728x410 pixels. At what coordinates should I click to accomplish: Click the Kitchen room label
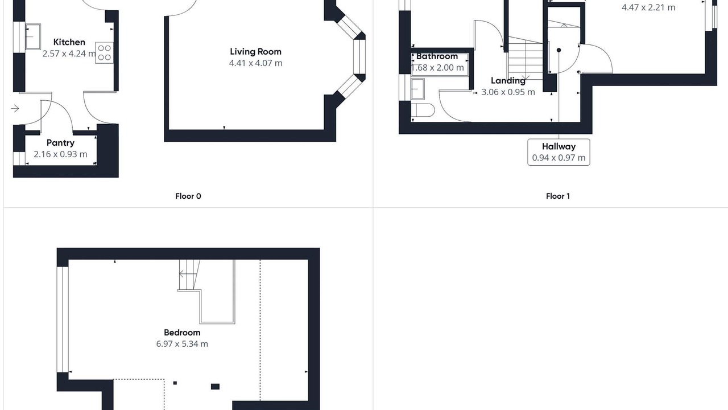(69, 42)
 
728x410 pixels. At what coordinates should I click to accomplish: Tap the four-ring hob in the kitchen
(104, 53)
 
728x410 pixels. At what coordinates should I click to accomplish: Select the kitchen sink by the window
(33, 36)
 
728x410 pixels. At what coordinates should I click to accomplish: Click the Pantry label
(60, 143)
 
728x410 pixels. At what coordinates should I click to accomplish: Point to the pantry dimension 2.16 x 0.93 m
(60, 154)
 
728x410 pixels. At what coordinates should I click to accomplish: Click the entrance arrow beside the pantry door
(15, 108)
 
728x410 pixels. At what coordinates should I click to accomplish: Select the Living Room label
(256, 51)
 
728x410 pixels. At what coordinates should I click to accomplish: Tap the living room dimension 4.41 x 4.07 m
(256, 63)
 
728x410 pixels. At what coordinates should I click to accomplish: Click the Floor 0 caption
(188, 196)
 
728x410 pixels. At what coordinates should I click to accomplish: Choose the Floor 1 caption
(558, 196)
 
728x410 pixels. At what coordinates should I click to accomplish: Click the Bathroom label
(437, 56)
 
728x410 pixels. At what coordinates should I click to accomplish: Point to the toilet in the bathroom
(423, 110)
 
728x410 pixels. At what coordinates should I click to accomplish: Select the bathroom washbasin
(417, 89)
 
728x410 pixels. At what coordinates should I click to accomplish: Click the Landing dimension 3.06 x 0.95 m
(508, 92)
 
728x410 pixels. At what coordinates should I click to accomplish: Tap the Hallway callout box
(559, 152)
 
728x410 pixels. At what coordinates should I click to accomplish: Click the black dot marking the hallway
(559, 50)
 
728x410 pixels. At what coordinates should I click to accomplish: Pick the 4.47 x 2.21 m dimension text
(648, 7)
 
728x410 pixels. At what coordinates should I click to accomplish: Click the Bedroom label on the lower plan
(182, 333)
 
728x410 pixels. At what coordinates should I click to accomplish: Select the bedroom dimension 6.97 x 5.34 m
(182, 344)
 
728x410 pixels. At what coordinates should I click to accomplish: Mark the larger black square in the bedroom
(215, 387)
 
